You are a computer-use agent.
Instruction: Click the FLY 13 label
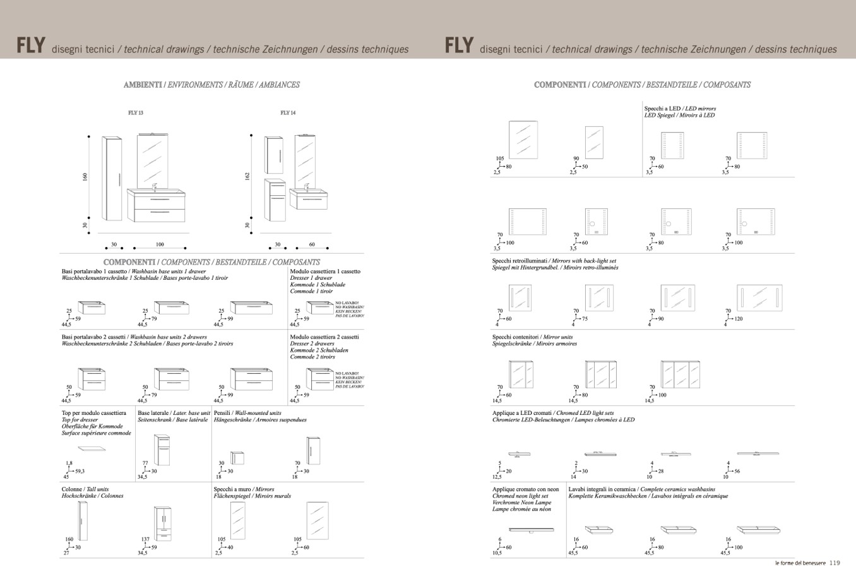(x=136, y=113)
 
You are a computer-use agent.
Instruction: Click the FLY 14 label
(x=288, y=113)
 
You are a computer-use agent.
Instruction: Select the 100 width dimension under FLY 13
(x=160, y=244)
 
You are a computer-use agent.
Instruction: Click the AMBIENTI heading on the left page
(x=143, y=85)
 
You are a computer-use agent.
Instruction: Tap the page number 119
(x=835, y=563)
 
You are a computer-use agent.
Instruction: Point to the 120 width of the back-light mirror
(x=738, y=319)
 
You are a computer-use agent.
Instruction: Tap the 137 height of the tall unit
(x=145, y=540)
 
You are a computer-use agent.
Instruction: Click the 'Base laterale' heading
(x=153, y=413)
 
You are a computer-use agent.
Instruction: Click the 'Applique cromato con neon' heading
(x=525, y=489)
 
